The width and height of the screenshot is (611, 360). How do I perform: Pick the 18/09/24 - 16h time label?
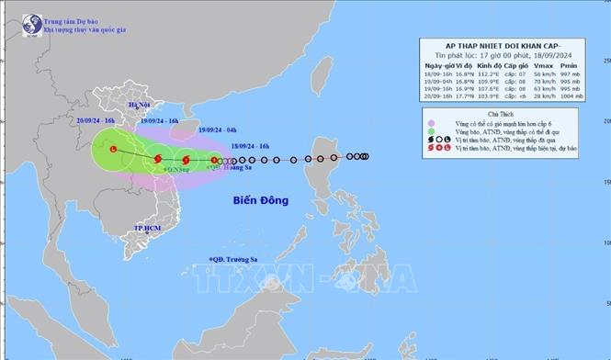(252, 145)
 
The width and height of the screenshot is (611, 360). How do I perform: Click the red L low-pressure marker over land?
(112, 149)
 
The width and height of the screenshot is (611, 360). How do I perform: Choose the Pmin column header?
(570, 67)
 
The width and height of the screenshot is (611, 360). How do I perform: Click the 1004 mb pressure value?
(571, 96)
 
